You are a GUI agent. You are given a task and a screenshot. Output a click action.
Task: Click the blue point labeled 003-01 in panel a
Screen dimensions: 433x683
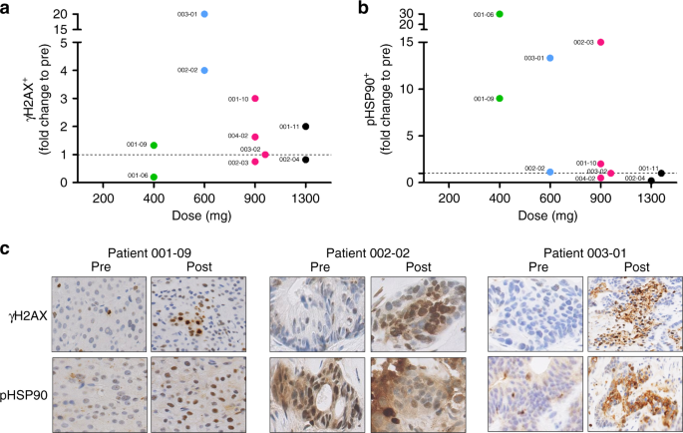click(x=204, y=15)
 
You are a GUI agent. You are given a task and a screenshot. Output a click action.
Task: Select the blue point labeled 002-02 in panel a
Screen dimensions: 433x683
click(x=204, y=71)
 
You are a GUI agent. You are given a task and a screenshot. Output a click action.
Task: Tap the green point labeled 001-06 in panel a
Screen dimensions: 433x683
click(x=154, y=177)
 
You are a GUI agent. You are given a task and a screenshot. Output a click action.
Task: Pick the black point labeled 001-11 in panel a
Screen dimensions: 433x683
click(x=306, y=127)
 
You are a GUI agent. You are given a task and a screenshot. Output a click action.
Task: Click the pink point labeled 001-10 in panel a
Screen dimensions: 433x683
click(x=255, y=99)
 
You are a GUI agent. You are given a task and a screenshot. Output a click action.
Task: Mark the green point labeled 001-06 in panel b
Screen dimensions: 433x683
click(x=500, y=14)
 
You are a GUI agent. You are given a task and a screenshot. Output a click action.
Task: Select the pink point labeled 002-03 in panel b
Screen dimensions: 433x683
click(x=600, y=43)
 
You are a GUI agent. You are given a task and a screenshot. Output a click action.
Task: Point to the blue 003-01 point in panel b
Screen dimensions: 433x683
click(x=550, y=58)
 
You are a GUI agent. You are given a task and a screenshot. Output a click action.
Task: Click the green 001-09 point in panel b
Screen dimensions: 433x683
click(x=500, y=99)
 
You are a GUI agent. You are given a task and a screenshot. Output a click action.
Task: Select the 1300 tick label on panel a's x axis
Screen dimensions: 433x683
click(x=306, y=200)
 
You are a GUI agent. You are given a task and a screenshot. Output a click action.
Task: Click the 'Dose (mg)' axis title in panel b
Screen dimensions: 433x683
click(x=549, y=216)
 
